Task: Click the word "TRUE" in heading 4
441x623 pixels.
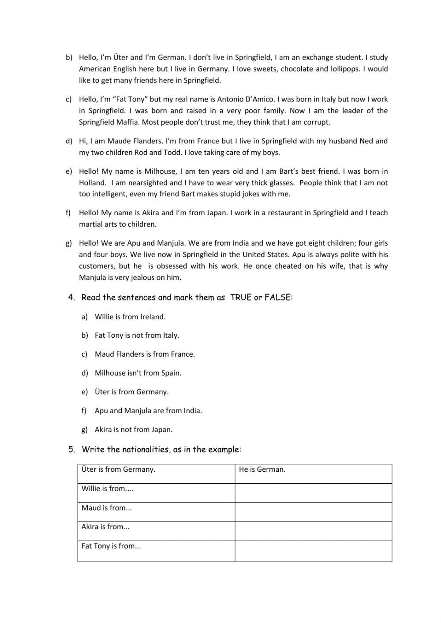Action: (241, 298)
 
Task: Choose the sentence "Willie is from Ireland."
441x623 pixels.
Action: (130, 317)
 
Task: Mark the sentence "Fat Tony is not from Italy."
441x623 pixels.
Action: (137, 335)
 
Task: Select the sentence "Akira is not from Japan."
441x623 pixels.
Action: (134, 429)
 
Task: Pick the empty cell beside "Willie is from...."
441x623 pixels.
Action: (313, 493)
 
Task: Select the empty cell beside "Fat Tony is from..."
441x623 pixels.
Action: (313, 551)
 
